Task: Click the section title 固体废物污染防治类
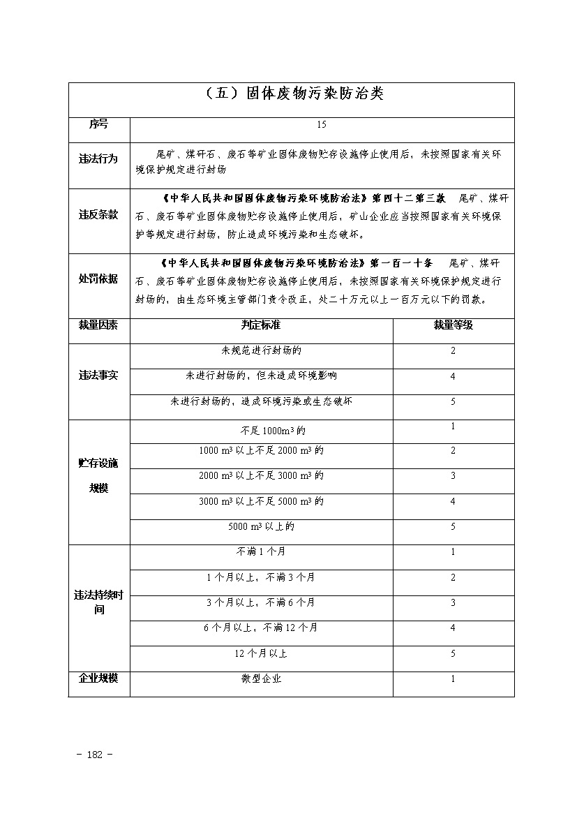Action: click(291, 94)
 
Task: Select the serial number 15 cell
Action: click(321, 125)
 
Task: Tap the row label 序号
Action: click(98, 125)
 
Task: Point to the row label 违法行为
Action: click(98, 159)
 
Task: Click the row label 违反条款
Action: click(98, 215)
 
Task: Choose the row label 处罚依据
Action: click(98, 279)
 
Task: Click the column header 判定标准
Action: click(261, 325)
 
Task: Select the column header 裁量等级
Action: click(453, 325)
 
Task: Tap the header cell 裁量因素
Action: click(98, 325)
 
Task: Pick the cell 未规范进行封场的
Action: click(261, 350)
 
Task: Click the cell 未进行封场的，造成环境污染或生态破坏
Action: click(261, 401)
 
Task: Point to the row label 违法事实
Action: click(98, 376)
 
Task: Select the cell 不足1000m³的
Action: click(261, 431)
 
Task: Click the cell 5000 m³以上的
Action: click(261, 526)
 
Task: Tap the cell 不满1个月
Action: click(261, 551)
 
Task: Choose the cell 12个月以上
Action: click(261, 653)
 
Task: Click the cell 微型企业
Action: click(261, 678)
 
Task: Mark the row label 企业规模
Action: click(98, 678)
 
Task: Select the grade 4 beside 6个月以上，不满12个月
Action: click(453, 628)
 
